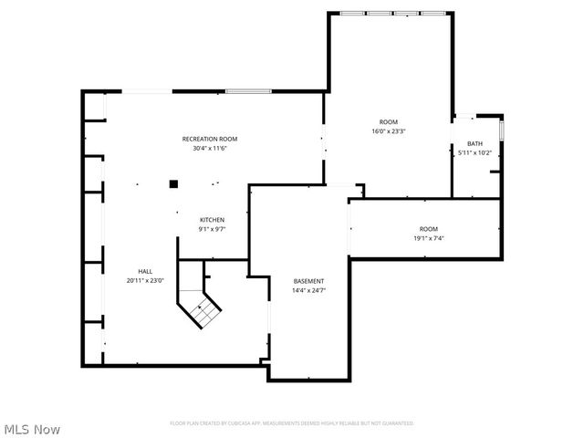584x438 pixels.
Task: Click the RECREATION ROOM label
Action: (x=210, y=139)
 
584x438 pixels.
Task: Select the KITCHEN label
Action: (x=213, y=220)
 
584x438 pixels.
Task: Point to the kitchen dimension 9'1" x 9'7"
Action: (x=213, y=229)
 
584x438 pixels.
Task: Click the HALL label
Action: (x=145, y=271)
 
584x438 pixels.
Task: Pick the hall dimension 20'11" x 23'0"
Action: (x=145, y=280)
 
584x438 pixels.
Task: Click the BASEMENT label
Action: (x=308, y=280)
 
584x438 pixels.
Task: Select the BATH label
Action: (x=475, y=143)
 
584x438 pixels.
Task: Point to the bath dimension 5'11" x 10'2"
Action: (x=475, y=152)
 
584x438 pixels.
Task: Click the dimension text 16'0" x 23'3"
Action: (x=389, y=130)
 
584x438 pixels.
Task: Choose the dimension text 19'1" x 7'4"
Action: (x=429, y=238)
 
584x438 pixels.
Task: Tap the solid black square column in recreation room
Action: (x=172, y=182)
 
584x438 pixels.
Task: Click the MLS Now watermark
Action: (x=32, y=428)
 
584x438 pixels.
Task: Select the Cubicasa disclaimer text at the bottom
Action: (x=292, y=423)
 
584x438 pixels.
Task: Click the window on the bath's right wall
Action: (x=501, y=128)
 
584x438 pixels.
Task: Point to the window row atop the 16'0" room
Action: (x=394, y=13)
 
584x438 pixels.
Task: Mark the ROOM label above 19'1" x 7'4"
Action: (x=429, y=229)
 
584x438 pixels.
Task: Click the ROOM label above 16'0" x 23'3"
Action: (x=389, y=121)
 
